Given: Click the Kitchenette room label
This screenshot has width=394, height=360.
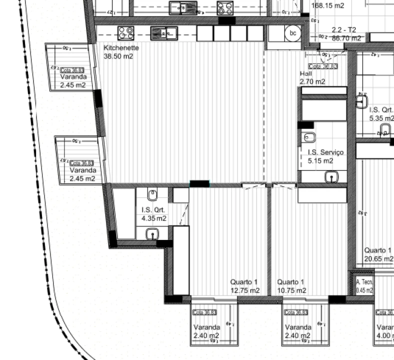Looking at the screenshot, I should pyautogui.click(x=121, y=47).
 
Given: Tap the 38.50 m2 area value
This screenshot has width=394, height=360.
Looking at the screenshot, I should pyautogui.click(x=118, y=56).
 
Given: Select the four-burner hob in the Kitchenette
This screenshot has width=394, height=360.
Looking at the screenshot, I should pyautogui.click(x=126, y=33).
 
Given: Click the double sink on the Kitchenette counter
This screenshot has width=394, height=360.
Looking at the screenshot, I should pyautogui.click(x=164, y=33).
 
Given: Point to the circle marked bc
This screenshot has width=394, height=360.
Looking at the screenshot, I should pyautogui.click(x=293, y=33).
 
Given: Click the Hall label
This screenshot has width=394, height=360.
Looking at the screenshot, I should pyautogui.click(x=305, y=73).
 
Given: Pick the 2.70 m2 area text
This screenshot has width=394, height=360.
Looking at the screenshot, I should pyautogui.click(x=312, y=81).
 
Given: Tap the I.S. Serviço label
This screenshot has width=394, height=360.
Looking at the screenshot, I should pyautogui.click(x=325, y=152).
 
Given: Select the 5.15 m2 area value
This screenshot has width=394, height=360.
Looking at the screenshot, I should pyautogui.click(x=320, y=161).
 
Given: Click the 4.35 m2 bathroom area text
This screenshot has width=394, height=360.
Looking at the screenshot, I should pyautogui.click(x=154, y=218).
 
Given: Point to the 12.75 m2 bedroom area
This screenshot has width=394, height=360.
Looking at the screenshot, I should pyautogui.click(x=244, y=290).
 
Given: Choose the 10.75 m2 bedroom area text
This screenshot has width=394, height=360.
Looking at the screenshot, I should pyautogui.click(x=292, y=290).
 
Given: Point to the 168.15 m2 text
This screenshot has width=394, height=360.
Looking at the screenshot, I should pyautogui.click(x=327, y=6).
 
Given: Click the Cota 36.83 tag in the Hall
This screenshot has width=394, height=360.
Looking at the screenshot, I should pyautogui.click(x=323, y=66).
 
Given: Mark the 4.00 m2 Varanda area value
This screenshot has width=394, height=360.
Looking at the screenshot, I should pyautogui.click(x=385, y=335).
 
